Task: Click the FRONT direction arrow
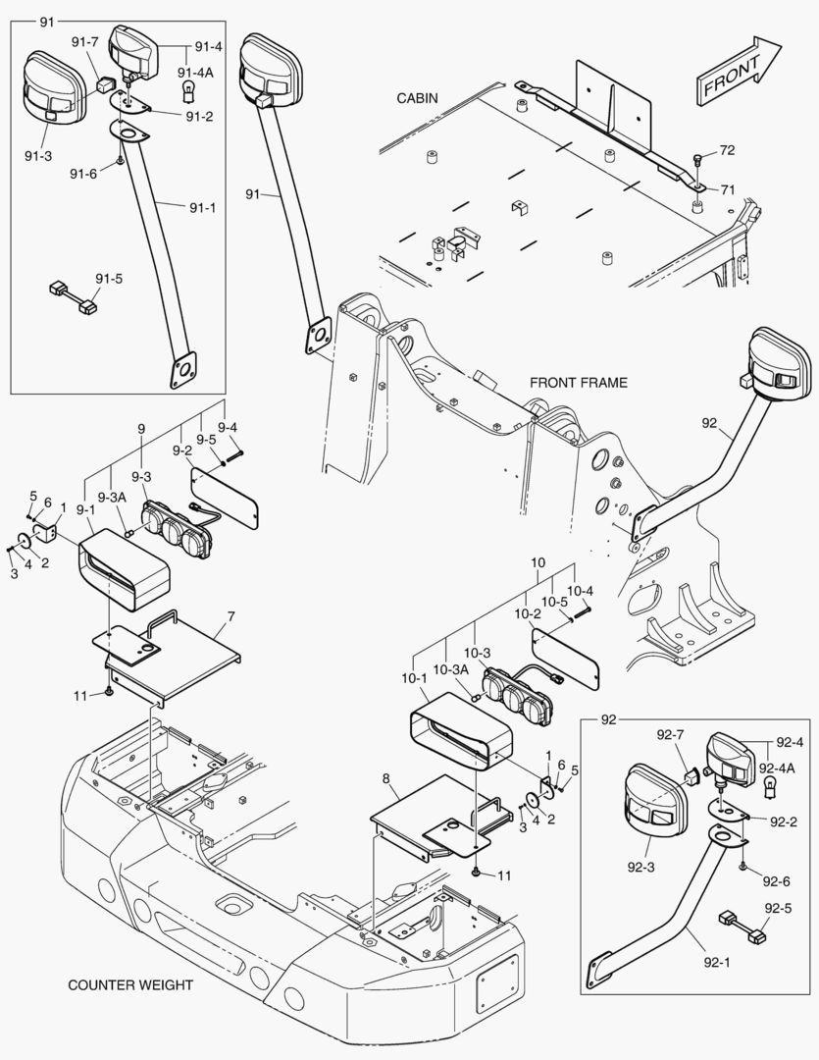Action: pyautogui.click(x=738, y=72)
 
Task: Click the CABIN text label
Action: pyautogui.click(x=417, y=98)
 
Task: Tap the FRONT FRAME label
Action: pyautogui.click(x=578, y=383)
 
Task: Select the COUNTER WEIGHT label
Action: pyautogui.click(x=130, y=984)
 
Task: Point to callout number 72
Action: pyautogui.click(x=727, y=151)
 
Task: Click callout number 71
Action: pyautogui.click(x=727, y=188)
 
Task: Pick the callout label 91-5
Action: pyautogui.click(x=110, y=279)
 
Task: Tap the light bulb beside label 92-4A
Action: pyautogui.click(x=770, y=787)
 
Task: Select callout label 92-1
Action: pyautogui.click(x=720, y=963)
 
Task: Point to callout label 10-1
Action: pyautogui.click(x=413, y=677)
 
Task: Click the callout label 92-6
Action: pyautogui.click(x=776, y=880)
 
